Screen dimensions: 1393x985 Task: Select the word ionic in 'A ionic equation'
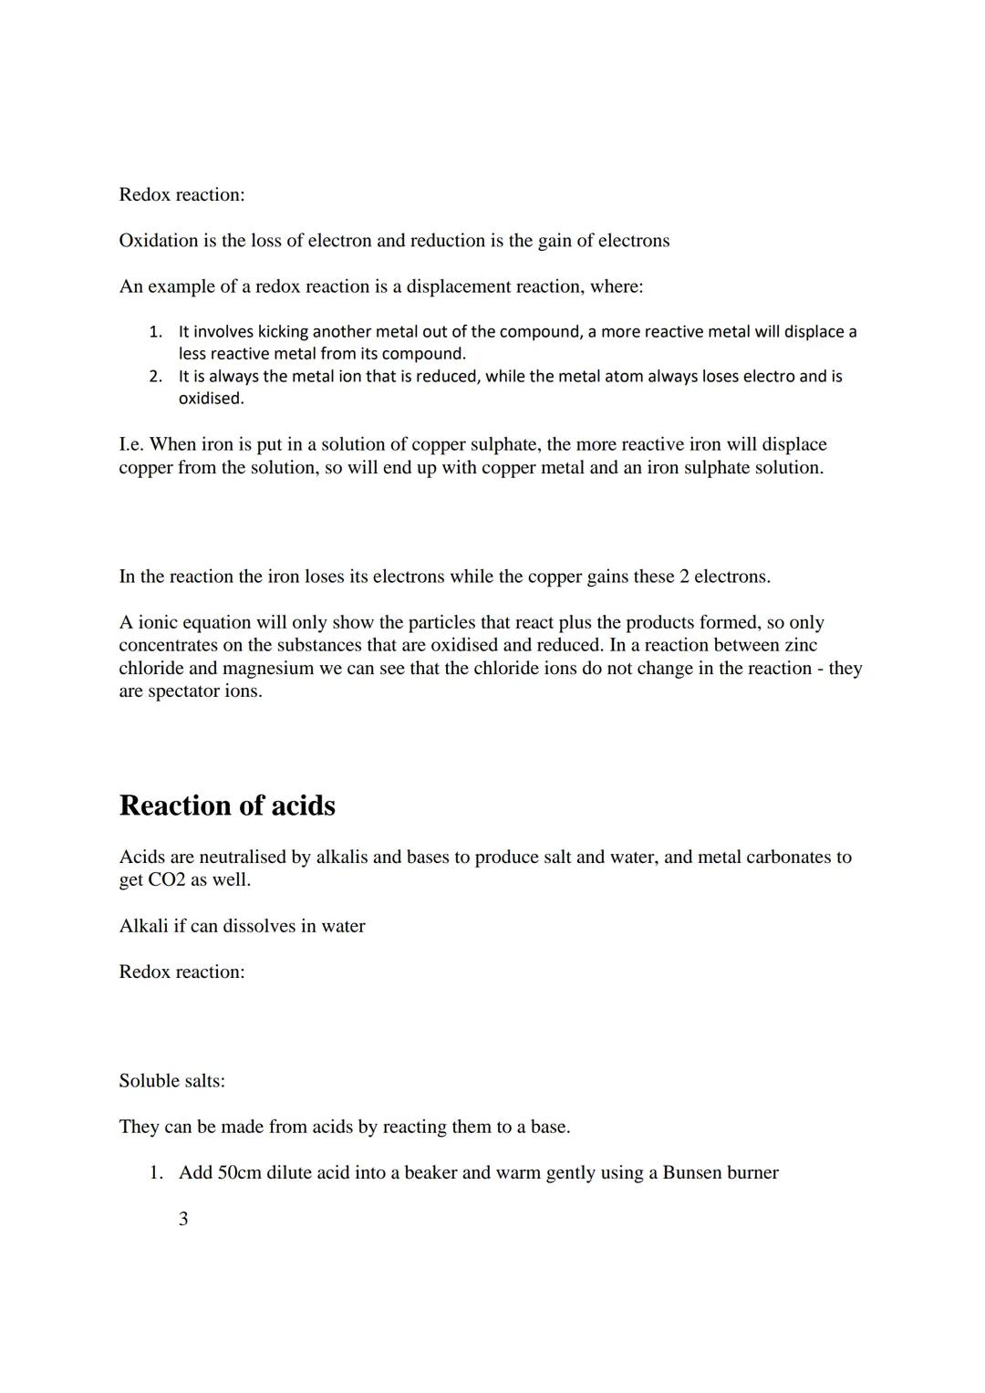click(158, 623)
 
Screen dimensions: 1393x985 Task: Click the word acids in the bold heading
click(304, 806)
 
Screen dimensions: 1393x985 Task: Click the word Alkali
click(143, 926)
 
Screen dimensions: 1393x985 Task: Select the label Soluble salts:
click(171, 1081)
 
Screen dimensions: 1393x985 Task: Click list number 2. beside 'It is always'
click(156, 377)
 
